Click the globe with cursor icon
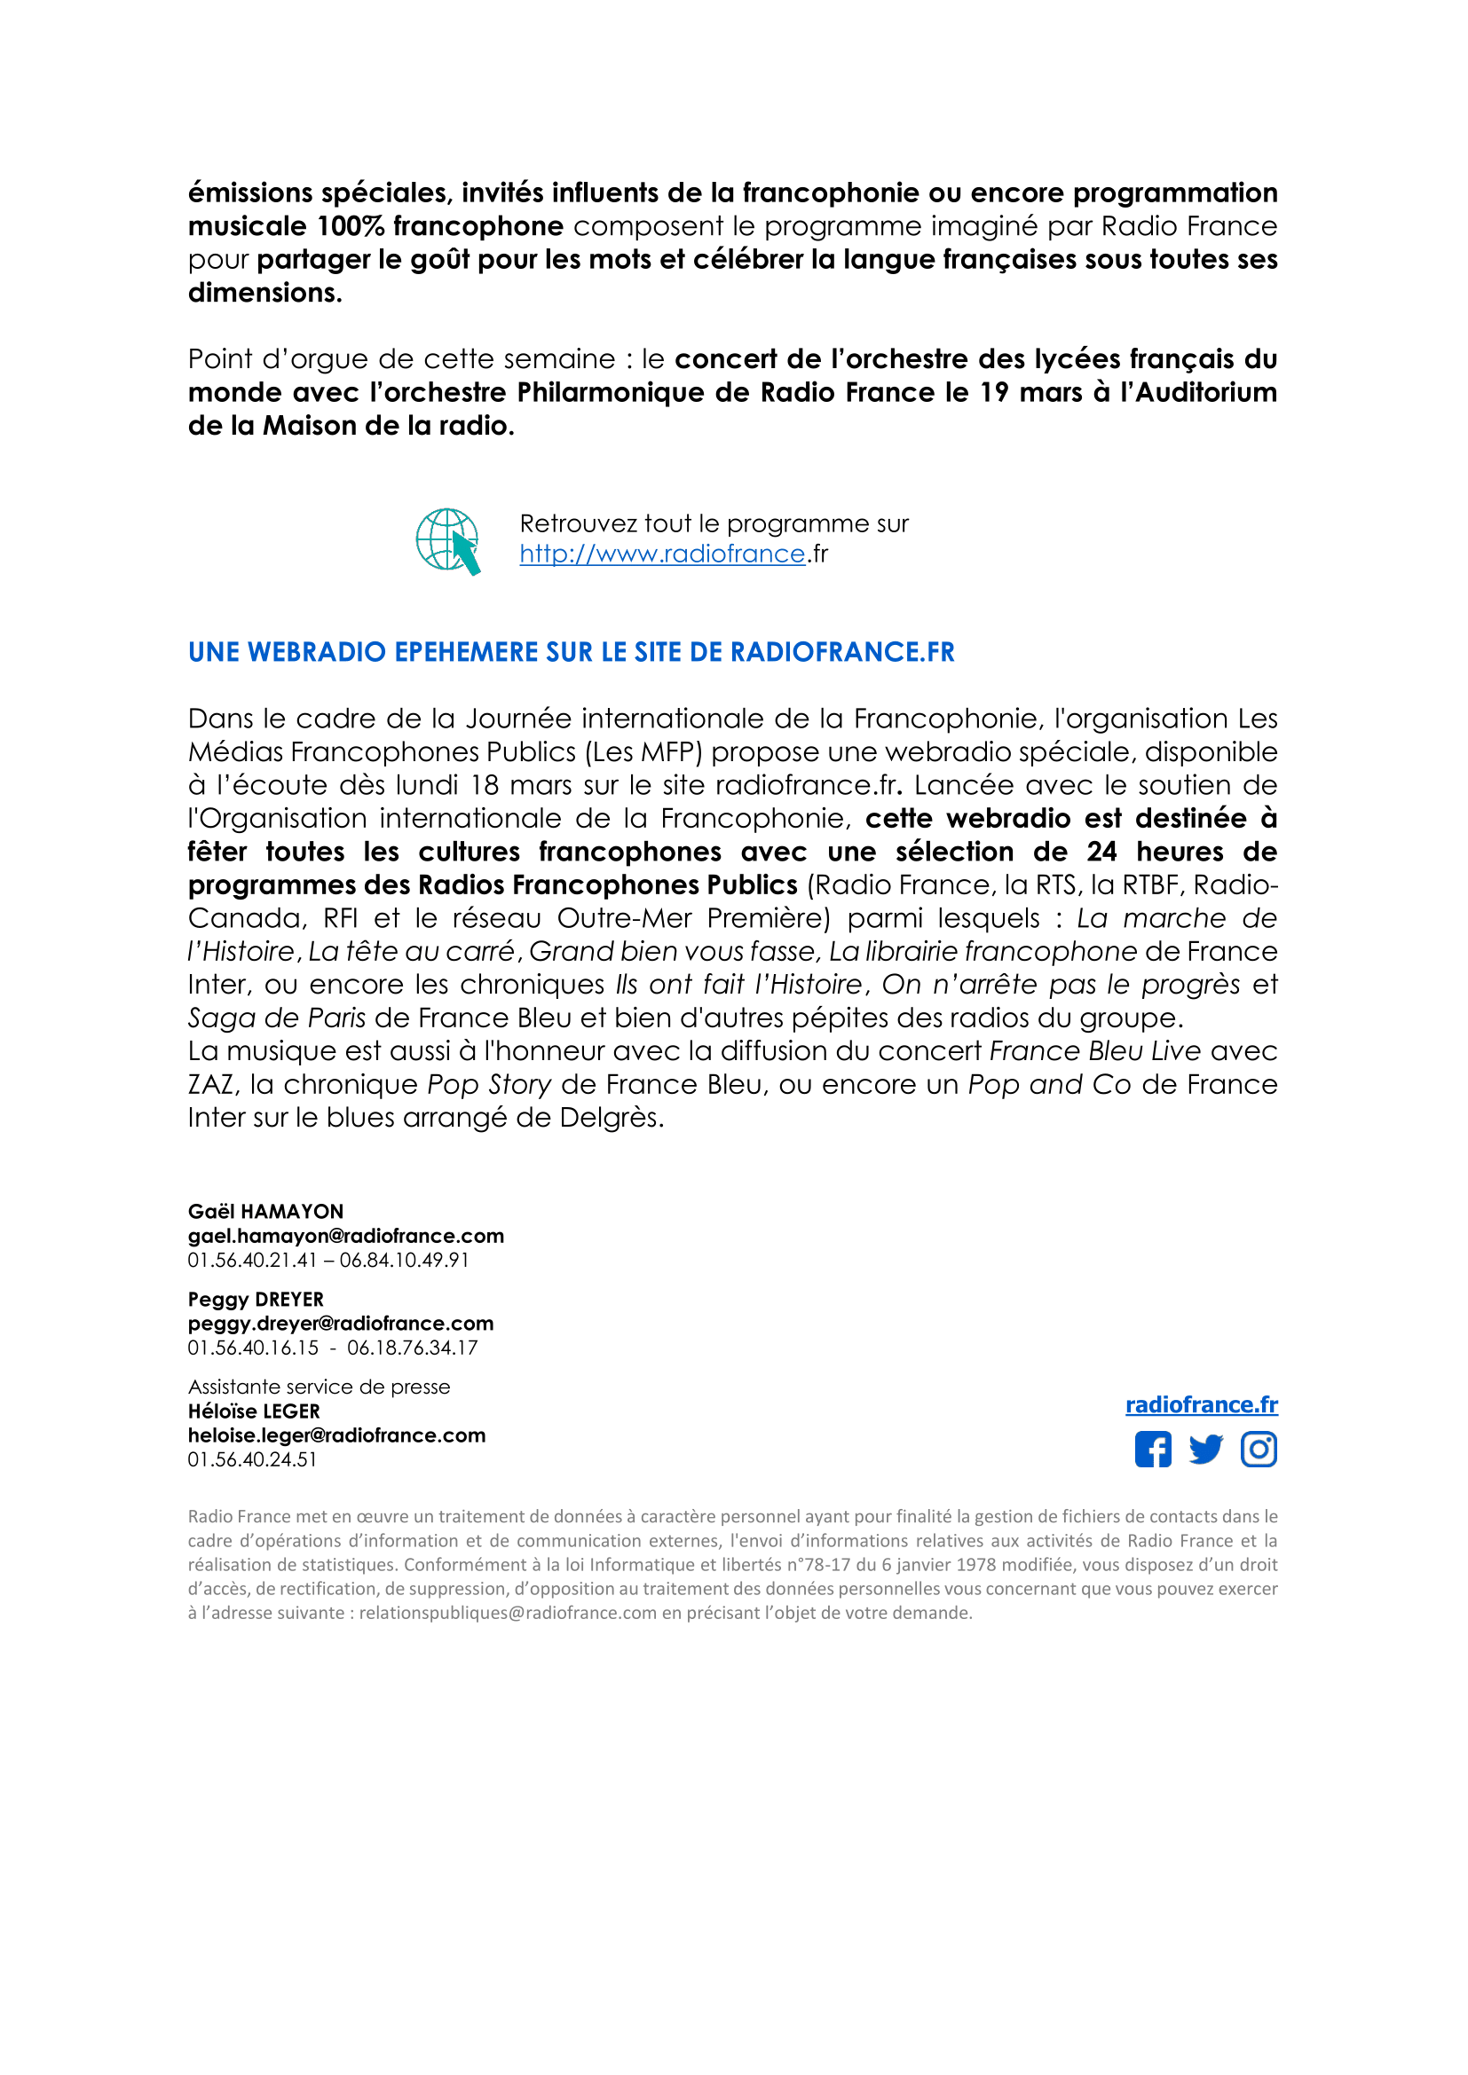point(447,540)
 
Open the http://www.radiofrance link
point(662,554)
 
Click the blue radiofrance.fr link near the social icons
point(1201,1404)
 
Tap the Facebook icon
point(1153,1450)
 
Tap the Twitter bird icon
point(1206,1450)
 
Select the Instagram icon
point(1259,1450)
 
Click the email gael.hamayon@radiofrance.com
point(345,1236)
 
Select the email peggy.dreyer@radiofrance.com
point(341,1323)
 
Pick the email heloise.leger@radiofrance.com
point(336,1435)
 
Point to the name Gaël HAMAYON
point(265,1211)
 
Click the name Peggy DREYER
point(256,1299)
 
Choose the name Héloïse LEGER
point(254,1411)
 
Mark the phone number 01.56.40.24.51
point(252,1459)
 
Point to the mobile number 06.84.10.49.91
point(404,1260)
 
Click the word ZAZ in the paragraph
point(209,1084)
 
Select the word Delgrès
point(611,1118)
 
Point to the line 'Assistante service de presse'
point(319,1387)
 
